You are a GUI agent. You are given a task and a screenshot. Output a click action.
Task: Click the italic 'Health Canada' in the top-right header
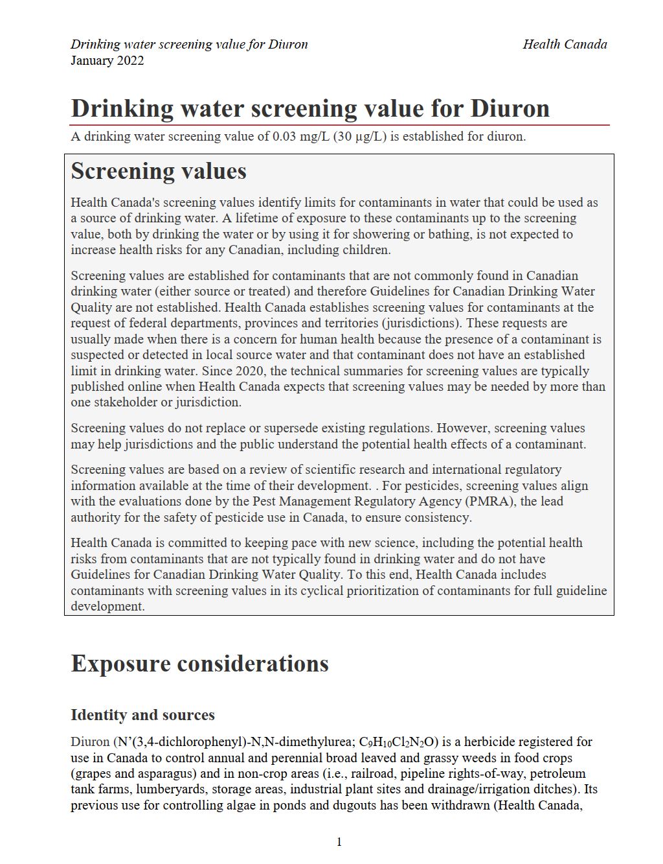pos(565,44)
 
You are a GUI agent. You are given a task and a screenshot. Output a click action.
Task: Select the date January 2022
pos(107,61)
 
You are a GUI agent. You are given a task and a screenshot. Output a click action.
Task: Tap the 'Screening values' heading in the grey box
pos(159,171)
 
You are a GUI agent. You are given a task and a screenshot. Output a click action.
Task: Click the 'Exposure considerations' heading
pos(199,664)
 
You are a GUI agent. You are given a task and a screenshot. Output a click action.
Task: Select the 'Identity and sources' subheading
pos(142,715)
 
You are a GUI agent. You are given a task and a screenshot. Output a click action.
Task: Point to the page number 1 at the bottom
pos(339,842)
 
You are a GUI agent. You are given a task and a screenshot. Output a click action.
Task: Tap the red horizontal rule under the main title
pos(340,124)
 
